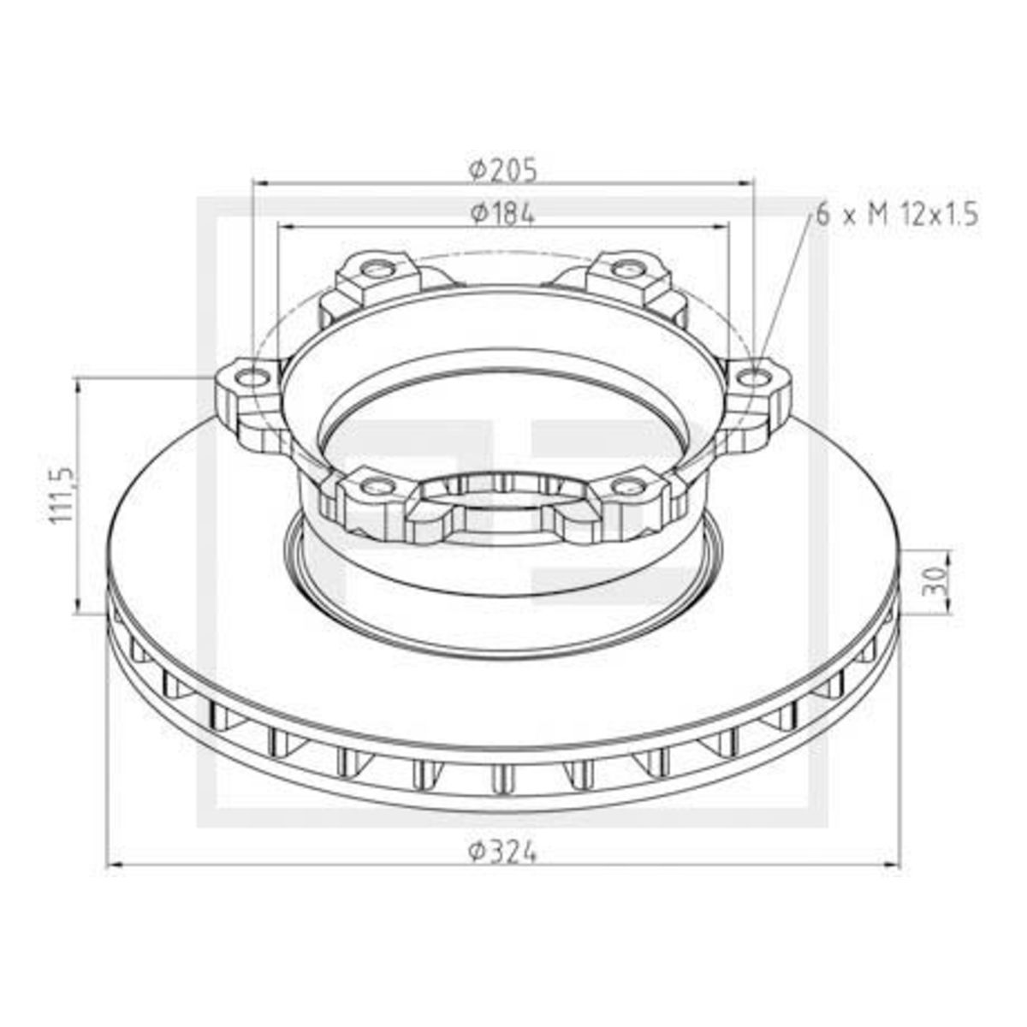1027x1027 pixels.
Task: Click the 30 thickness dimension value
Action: [x=941, y=580]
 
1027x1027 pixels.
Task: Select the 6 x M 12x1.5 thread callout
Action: [x=897, y=217]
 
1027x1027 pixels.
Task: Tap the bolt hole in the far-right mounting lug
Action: [x=755, y=378]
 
